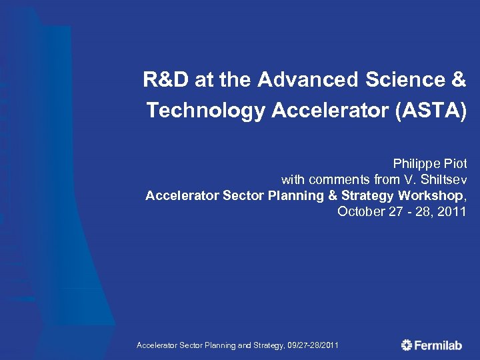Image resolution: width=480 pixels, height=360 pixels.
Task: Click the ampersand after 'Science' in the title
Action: pyautogui.click(x=459, y=81)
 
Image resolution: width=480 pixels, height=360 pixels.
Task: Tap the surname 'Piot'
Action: pyautogui.click(x=455, y=163)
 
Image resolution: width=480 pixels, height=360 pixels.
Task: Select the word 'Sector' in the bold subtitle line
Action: pyautogui.click(x=243, y=196)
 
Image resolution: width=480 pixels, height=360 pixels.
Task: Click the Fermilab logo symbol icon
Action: pyautogui.click(x=407, y=345)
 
